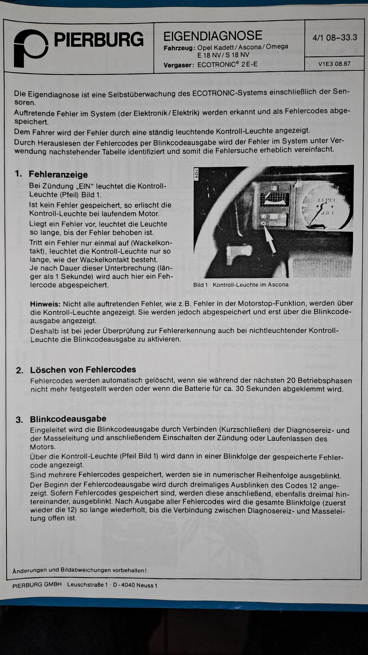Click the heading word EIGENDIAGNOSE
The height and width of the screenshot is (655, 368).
213,36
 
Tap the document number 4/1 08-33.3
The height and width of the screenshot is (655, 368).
335,38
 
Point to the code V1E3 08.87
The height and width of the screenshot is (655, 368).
334,64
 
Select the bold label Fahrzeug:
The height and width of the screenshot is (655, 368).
179,48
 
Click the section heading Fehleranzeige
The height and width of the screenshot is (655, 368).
58,174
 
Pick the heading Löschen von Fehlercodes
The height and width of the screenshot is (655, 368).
83,369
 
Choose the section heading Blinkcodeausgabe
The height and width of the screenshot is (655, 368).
68,419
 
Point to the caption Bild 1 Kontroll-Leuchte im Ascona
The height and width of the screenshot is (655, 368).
241,285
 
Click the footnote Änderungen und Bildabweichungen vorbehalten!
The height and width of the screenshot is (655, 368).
79,570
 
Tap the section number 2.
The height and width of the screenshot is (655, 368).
19,370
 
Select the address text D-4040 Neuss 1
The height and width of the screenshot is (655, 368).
135,585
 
